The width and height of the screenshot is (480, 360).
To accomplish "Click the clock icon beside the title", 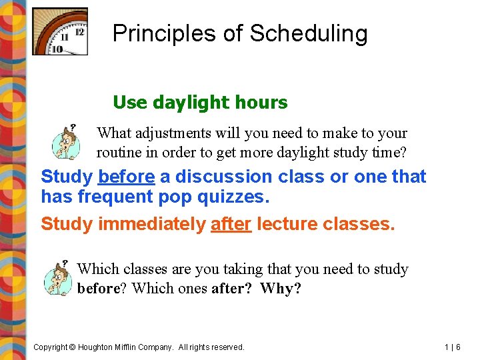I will click(60, 31).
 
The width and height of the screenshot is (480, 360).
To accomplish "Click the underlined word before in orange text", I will click(126, 177).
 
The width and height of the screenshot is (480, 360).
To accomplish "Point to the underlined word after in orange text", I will click(231, 224).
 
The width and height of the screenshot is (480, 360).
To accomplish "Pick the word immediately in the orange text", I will click(151, 224).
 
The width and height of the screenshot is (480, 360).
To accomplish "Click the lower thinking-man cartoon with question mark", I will click(57, 278).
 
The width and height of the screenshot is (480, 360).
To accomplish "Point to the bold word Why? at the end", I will click(280, 289).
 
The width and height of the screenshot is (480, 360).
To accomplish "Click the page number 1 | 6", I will click(453, 347).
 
